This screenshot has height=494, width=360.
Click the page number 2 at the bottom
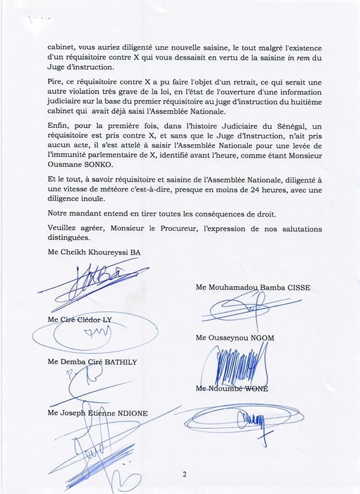coord(184,474)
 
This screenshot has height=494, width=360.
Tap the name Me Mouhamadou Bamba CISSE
coord(253,288)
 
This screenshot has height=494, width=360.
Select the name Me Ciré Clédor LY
coord(79,320)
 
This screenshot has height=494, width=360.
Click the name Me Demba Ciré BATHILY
coord(92,362)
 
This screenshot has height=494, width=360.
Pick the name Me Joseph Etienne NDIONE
coord(98,412)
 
